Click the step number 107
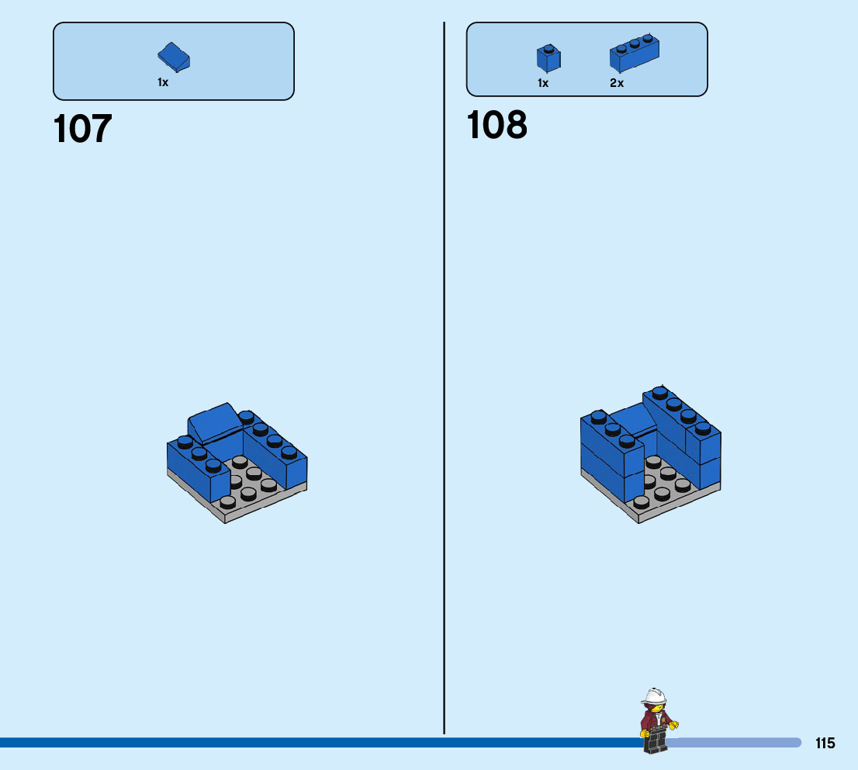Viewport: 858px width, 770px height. click(x=83, y=129)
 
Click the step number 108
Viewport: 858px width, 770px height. click(x=496, y=125)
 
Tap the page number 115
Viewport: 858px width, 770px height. click(x=825, y=743)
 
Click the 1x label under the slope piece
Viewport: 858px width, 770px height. click(x=163, y=82)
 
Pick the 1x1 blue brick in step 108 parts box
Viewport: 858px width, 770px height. click(x=548, y=58)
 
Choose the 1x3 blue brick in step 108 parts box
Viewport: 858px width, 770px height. click(x=634, y=53)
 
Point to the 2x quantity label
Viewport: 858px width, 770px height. click(x=617, y=83)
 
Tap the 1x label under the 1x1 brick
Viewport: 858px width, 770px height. click(x=543, y=83)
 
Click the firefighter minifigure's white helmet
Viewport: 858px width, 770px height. click(x=655, y=695)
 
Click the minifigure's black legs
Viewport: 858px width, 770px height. click(x=656, y=742)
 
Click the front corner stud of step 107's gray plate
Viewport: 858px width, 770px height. click(x=227, y=502)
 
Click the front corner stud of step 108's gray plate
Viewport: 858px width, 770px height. click(x=641, y=502)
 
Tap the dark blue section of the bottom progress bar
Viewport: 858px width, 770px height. click(x=310, y=743)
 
